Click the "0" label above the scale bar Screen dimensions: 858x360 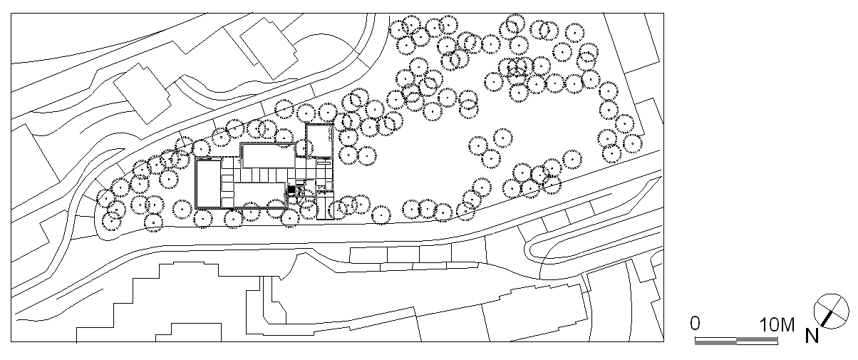click(x=696, y=324)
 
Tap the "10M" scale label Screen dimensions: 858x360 click(x=777, y=325)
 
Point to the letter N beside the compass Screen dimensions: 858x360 click(x=812, y=336)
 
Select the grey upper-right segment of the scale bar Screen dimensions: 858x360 click(x=758, y=339)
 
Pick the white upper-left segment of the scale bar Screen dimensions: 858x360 click(x=715, y=339)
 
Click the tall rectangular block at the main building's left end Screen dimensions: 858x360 click(x=208, y=183)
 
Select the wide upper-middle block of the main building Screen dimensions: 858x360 click(x=269, y=156)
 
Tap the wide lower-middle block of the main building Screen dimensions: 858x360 click(x=260, y=195)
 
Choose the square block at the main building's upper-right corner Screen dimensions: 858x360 click(x=319, y=141)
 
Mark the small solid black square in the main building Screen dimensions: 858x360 click(x=291, y=190)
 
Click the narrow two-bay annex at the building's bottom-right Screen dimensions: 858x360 click(x=325, y=208)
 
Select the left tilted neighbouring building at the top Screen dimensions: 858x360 click(x=142, y=94)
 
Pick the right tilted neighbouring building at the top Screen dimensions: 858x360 click(x=269, y=49)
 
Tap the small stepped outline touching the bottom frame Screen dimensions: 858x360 click(x=188, y=332)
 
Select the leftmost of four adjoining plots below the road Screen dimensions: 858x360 click(x=368, y=254)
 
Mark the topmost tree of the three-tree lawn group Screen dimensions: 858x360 click(x=502, y=138)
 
